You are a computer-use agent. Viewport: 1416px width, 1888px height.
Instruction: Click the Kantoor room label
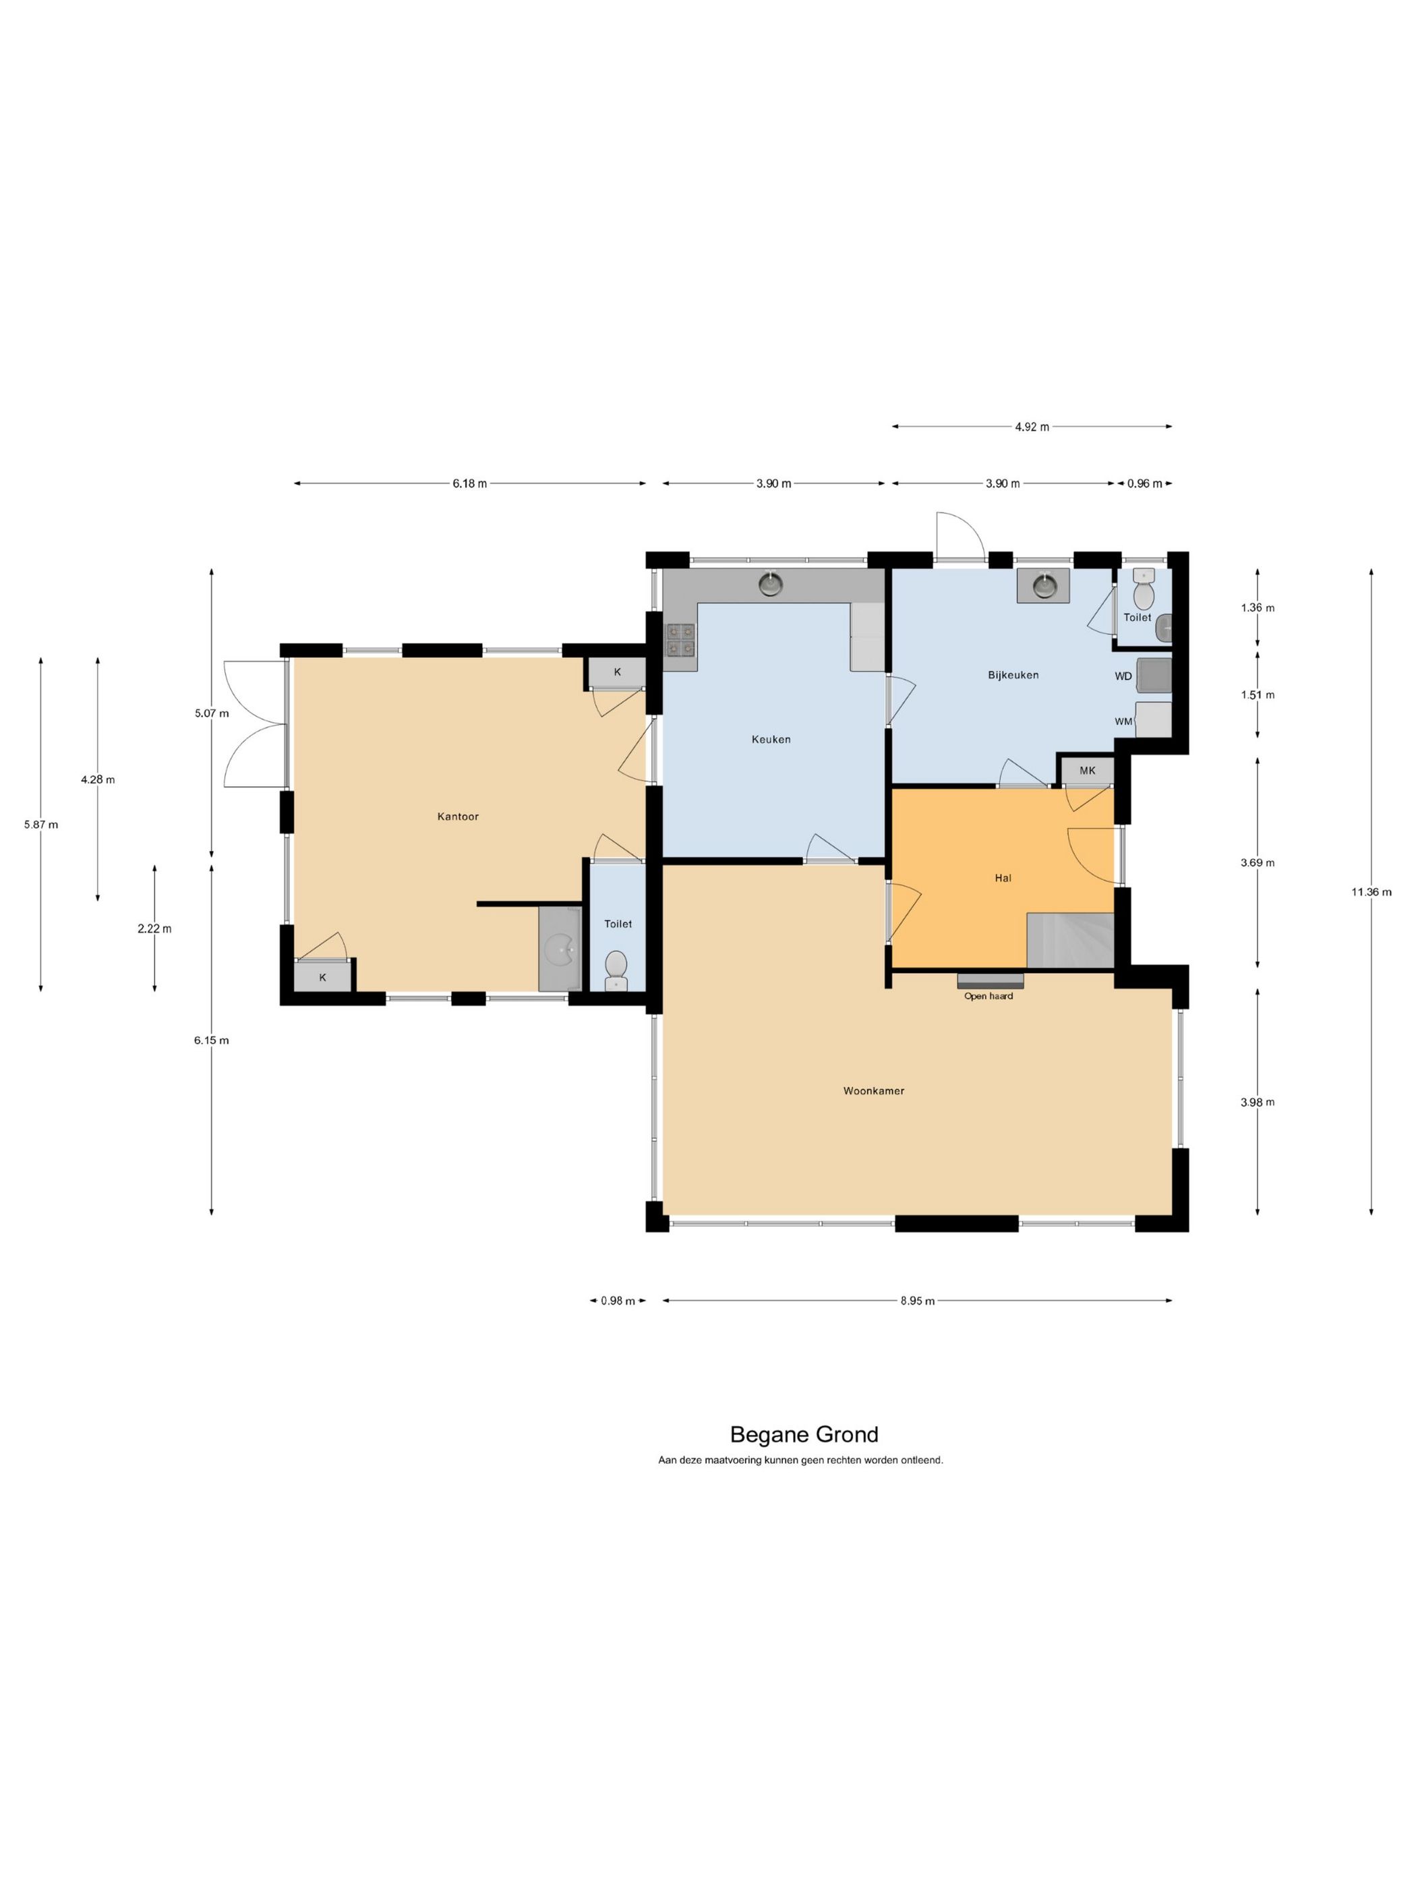click(x=457, y=816)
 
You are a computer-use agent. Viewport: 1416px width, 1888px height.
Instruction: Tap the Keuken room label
click(x=771, y=739)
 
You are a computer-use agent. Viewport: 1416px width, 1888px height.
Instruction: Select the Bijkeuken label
click(x=1013, y=674)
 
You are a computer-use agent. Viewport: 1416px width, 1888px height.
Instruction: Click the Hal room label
click(x=1003, y=877)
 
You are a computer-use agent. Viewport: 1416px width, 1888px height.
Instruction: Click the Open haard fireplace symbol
click(x=990, y=980)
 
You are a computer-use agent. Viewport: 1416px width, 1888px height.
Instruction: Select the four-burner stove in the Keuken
click(x=681, y=639)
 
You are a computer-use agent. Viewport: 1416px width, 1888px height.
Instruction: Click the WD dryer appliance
click(x=1153, y=676)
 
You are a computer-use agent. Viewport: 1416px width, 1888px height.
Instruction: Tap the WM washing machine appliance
click(x=1153, y=719)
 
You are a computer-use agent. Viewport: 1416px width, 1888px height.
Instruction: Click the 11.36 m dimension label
click(x=1371, y=892)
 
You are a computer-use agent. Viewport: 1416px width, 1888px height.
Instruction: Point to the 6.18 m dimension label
click(x=469, y=483)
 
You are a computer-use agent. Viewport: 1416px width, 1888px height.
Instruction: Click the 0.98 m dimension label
click(x=618, y=1301)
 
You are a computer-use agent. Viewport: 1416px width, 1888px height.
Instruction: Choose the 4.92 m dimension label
click(x=1032, y=427)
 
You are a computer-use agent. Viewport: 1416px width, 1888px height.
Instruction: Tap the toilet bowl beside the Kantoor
click(x=616, y=970)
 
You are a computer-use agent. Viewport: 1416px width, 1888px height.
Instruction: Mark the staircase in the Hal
click(x=1070, y=941)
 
